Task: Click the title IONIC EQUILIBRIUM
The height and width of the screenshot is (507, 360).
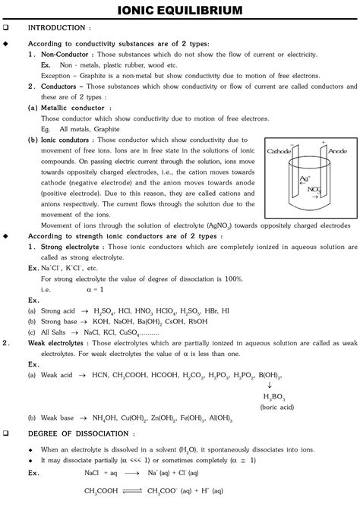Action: (180, 10)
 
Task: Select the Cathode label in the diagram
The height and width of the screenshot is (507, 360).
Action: (280, 152)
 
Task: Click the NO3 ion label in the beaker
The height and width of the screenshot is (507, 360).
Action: (311, 189)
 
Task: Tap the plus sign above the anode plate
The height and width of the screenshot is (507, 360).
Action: (322, 143)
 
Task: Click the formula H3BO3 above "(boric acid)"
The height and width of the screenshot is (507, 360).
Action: (274, 396)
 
